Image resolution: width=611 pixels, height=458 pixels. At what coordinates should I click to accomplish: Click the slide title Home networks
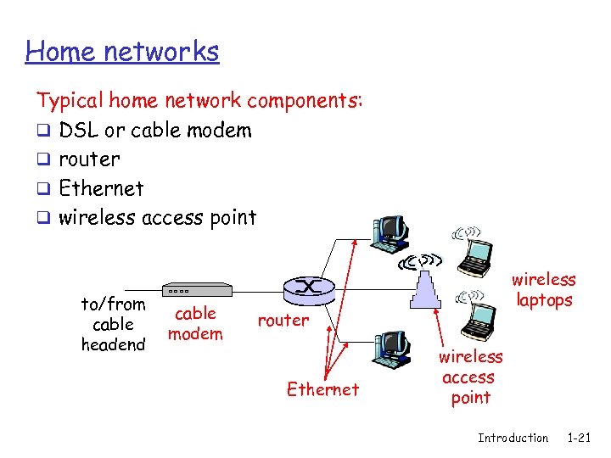[122, 52]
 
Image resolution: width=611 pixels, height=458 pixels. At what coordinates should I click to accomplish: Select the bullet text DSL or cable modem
[155, 131]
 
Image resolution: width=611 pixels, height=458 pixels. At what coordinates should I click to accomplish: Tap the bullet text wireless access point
[157, 217]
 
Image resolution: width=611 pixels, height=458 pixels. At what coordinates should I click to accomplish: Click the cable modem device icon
[196, 289]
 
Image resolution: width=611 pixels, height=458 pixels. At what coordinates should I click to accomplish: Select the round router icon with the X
[308, 288]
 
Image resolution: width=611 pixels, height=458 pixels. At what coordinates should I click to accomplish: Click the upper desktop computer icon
[390, 233]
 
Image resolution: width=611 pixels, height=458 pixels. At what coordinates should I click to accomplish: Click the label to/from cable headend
[113, 324]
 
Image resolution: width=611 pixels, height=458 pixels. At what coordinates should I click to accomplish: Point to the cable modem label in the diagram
[195, 323]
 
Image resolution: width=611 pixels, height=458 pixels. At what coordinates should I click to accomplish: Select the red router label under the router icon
[283, 320]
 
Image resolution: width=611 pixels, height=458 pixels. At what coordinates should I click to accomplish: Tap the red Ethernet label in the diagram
[322, 389]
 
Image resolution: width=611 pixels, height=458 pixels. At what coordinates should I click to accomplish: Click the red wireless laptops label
[543, 289]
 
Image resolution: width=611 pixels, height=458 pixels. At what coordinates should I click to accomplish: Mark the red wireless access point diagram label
[470, 377]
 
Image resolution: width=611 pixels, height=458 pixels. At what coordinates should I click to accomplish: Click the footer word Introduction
[513, 438]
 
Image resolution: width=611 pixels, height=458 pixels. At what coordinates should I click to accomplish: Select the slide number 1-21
[579, 438]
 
